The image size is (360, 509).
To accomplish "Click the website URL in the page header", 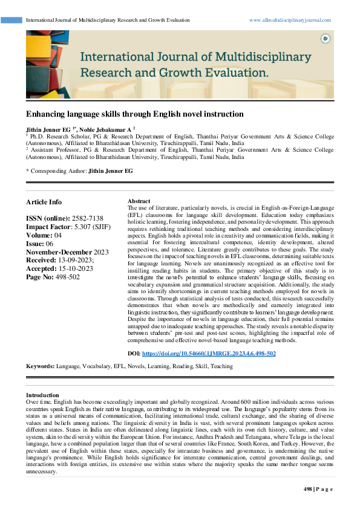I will [x=290, y=20].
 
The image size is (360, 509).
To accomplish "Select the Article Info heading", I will [x=44, y=202].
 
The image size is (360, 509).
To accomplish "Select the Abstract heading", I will [x=139, y=201].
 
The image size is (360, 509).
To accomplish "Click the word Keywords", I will [x=39, y=366].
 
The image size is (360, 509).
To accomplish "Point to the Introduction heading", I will [x=43, y=395].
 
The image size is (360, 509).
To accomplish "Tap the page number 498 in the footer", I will [x=307, y=489].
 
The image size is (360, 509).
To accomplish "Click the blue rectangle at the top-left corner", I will [x=11, y=20].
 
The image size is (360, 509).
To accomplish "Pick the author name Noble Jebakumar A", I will [x=106, y=129].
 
